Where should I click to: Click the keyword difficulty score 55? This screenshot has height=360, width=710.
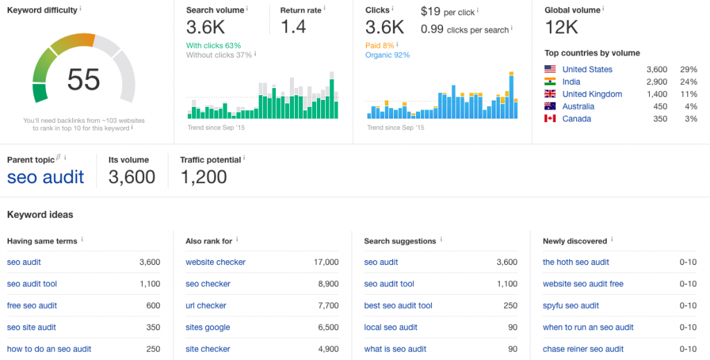point(84,80)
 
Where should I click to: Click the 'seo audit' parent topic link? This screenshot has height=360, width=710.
point(46,177)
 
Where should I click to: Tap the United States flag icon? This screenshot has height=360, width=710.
point(550,69)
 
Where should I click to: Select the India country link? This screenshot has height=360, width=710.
point(571,82)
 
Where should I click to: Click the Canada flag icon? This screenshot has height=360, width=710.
point(550,119)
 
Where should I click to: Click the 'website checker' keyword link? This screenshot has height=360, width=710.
point(216,262)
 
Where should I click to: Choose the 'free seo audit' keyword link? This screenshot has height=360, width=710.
point(32,306)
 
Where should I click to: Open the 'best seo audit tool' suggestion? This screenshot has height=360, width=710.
point(398,306)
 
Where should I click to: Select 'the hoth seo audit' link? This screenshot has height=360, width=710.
point(576,262)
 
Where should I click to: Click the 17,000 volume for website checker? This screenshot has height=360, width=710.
point(326,262)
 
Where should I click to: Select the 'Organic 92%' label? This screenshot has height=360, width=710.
point(388,55)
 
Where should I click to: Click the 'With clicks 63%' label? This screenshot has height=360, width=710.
point(214,46)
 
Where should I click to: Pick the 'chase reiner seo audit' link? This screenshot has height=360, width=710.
point(583,349)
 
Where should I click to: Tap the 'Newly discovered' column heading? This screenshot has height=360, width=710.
point(575,241)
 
